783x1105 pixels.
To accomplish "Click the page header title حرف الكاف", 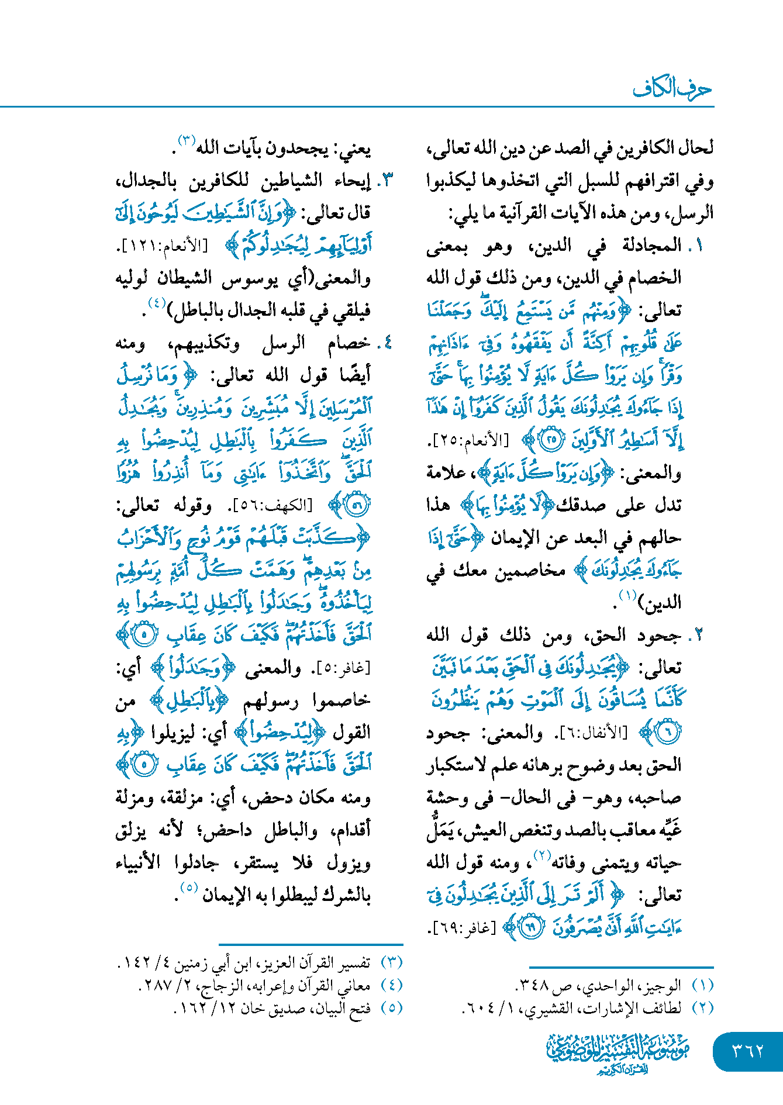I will point(672,88).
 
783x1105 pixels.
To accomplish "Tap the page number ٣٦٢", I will point(748,1051).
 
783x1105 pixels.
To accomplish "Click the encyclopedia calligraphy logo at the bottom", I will point(618,1052).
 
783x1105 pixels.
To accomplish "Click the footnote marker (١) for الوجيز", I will point(702,986).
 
